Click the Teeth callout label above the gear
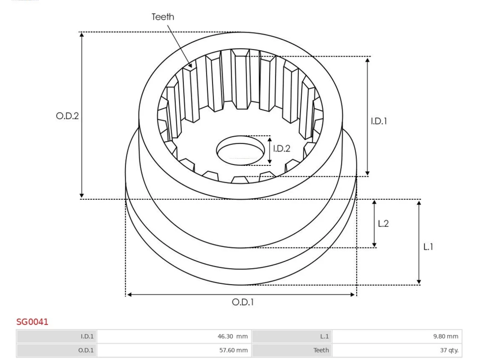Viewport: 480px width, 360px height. click(x=163, y=17)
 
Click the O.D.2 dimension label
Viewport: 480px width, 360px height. click(x=67, y=116)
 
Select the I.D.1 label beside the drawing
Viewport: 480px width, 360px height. click(x=379, y=121)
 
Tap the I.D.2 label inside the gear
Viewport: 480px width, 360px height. click(x=282, y=148)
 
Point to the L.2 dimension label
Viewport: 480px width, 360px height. click(x=383, y=223)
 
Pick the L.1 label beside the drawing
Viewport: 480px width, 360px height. click(x=428, y=247)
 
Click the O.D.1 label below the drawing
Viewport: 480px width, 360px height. click(x=243, y=302)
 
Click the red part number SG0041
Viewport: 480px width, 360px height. click(x=32, y=322)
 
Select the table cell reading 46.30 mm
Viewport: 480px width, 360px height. click(x=174, y=336)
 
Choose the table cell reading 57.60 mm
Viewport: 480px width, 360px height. click(x=174, y=350)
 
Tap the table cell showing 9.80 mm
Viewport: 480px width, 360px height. click(x=397, y=336)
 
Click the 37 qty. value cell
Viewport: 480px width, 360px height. click(x=397, y=350)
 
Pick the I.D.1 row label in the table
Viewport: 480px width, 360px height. click(x=57, y=336)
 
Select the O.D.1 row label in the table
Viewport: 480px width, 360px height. click(x=57, y=350)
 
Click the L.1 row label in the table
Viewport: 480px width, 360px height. click(x=292, y=336)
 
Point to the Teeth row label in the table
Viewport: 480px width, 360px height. click(x=292, y=350)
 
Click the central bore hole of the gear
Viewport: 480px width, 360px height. click(x=240, y=151)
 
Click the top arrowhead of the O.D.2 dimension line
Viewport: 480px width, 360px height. click(x=82, y=35)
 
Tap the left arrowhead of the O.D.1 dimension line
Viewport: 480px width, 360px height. click(x=129, y=295)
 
